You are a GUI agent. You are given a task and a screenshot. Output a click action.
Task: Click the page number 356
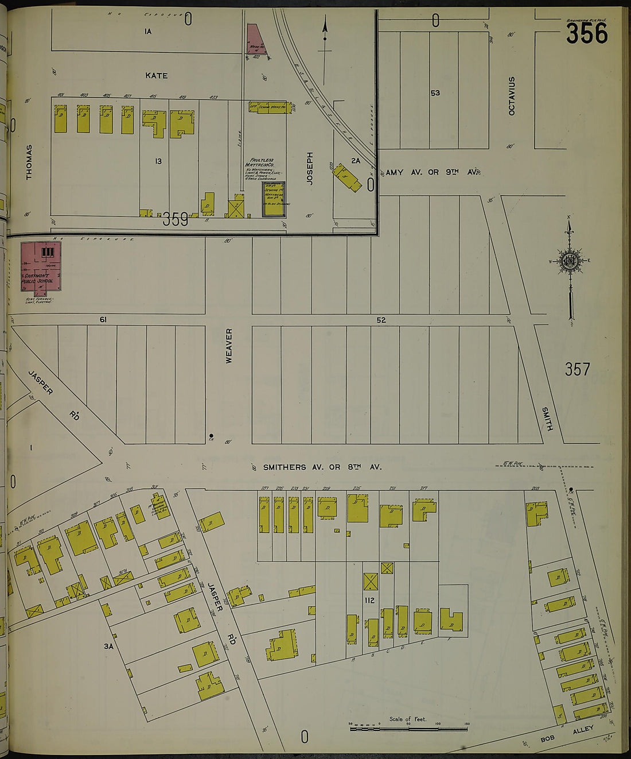coord(586,33)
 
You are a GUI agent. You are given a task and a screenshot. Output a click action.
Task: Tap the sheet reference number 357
coord(577,369)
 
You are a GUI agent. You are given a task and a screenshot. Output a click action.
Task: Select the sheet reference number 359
coord(175,219)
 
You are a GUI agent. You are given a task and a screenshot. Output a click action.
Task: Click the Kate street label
coord(156,76)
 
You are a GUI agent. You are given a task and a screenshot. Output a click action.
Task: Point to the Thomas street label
coord(29,162)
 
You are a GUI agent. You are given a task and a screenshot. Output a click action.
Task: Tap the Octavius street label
coord(512,95)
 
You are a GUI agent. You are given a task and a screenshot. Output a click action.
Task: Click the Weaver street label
coord(229,346)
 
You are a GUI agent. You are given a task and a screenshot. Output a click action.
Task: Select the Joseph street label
coord(310,168)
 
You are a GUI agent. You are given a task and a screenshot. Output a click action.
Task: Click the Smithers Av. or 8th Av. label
coord(322,467)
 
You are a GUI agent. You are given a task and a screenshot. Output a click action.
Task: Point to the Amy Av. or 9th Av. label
coord(432,172)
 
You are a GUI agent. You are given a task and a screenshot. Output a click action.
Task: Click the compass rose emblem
coord(570,262)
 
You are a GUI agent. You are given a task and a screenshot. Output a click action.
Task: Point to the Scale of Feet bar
coord(408,729)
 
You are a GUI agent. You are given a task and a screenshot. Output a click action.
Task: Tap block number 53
coord(435,93)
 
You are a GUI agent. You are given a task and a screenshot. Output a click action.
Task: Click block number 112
coord(369,601)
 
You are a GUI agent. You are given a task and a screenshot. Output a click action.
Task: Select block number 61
coord(103,320)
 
